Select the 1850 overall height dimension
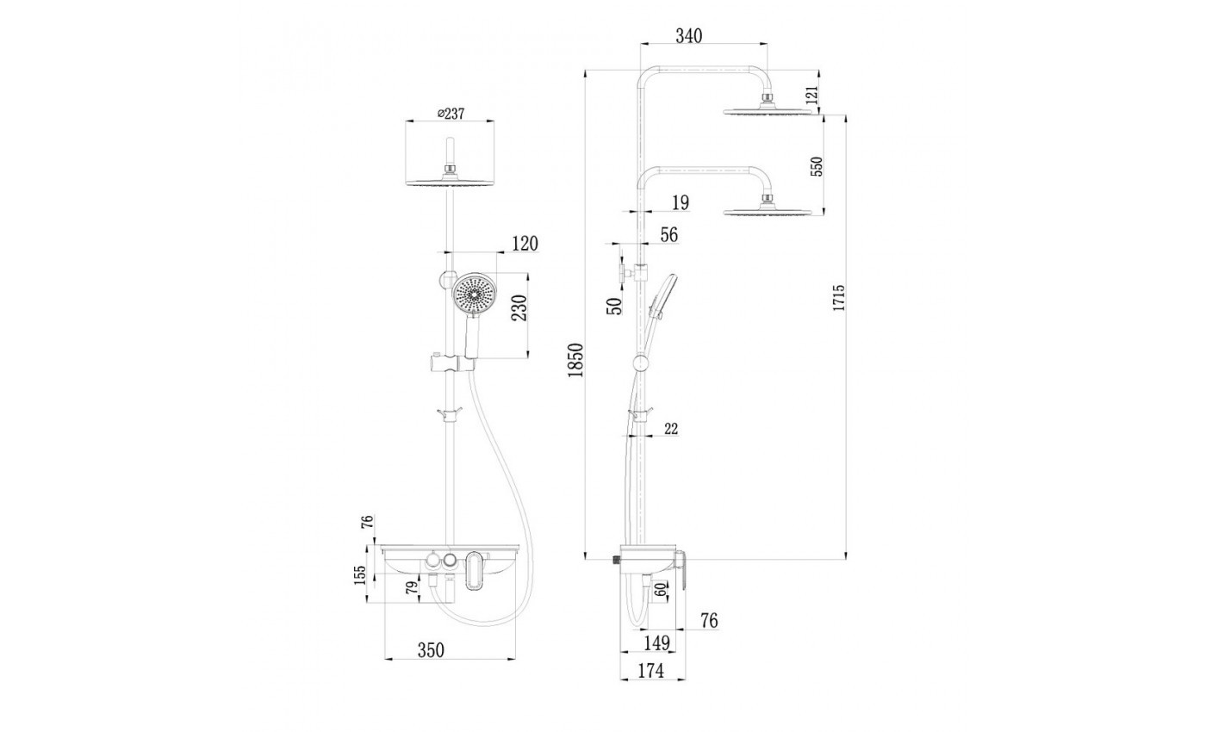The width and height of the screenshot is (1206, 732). pyautogui.click(x=576, y=361)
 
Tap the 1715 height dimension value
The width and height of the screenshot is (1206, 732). pyautogui.click(x=840, y=299)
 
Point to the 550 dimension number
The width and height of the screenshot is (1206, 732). pyautogui.click(x=817, y=166)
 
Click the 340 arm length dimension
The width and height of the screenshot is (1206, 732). pyautogui.click(x=689, y=35)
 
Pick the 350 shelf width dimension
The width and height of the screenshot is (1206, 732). pyautogui.click(x=430, y=650)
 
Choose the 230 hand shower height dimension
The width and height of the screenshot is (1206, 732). pyautogui.click(x=519, y=307)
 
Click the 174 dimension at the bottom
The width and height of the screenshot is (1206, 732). pyautogui.click(x=650, y=671)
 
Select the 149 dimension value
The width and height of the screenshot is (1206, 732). pyautogui.click(x=656, y=642)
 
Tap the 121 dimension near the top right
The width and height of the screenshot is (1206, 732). pyautogui.click(x=810, y=96)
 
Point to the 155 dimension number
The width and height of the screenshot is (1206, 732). pyautogui.click(x=359, y=574)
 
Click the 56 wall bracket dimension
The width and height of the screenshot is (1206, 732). pyautogui.click(x=668, y=235)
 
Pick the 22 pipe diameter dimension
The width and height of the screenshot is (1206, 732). pyautogui.click(x=671, y=428)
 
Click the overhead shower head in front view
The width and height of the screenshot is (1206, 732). pyautogui.click(x=449, y=181)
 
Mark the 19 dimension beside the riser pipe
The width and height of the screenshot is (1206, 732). pyautogui.click(x=679, y=202)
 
